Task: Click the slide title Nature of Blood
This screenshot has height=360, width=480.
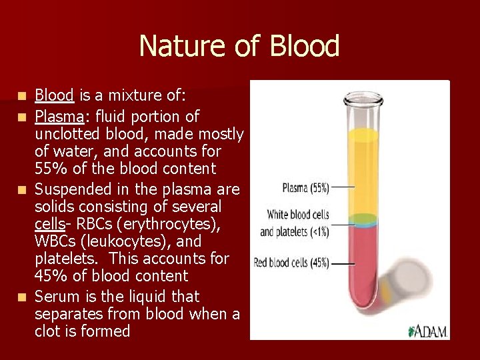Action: click(239, 46)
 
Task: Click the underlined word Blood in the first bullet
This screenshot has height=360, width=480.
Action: click(54, 95)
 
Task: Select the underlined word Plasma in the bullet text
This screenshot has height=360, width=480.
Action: click(59, 117)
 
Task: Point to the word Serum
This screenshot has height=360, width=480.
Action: click(57, 295)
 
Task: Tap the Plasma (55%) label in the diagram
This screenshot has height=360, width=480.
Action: click(305, 188)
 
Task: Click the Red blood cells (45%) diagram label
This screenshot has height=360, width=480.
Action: click(291, 263)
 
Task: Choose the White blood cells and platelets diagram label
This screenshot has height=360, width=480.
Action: click(295, 223)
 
